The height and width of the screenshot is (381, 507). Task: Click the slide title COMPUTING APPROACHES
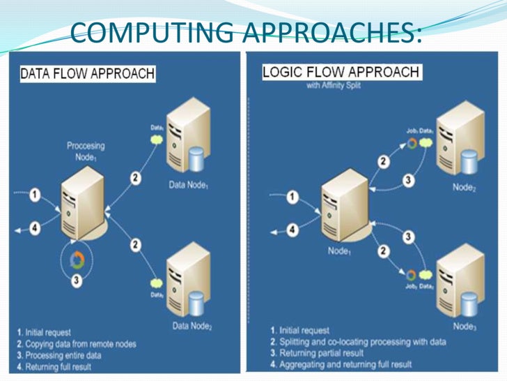[247, 31]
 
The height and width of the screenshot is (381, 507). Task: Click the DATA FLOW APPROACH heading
[87, 73]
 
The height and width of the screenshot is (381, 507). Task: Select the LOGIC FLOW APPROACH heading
[341, 72]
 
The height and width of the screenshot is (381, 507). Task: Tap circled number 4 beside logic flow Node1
[293, 228]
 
